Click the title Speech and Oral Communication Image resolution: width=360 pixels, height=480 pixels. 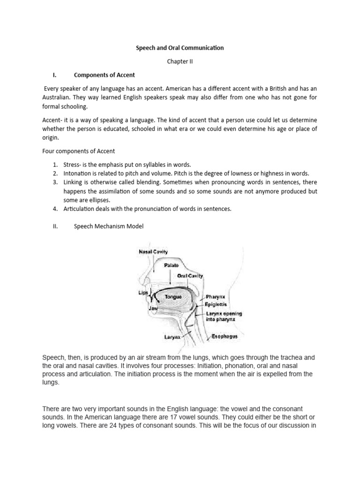tap(180, 47)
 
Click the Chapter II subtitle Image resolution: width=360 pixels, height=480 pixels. tap(180, 61)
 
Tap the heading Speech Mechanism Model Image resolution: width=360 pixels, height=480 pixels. tap(109, 226)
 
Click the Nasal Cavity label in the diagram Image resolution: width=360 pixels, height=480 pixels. tap(153, 252)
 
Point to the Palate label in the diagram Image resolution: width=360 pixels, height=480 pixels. tap(171, 265)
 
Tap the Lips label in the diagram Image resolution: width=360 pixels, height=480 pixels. tap(143, 292)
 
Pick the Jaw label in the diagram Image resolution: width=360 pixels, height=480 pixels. tap(153, 309)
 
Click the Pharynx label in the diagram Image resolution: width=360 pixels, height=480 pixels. tap(216, 297)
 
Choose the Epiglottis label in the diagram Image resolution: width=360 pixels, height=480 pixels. tap(218, 304)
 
